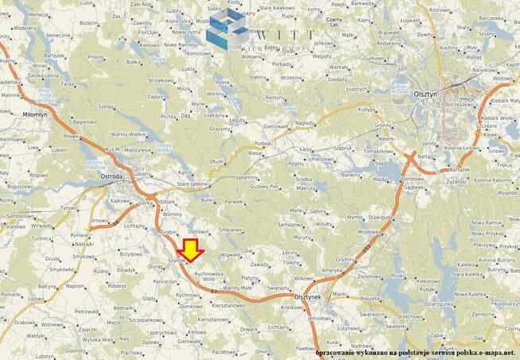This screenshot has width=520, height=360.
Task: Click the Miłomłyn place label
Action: pos(34,114)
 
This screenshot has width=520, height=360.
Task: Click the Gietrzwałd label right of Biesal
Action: pos(275,126)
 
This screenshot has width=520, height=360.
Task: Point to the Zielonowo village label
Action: pos(370,276)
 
